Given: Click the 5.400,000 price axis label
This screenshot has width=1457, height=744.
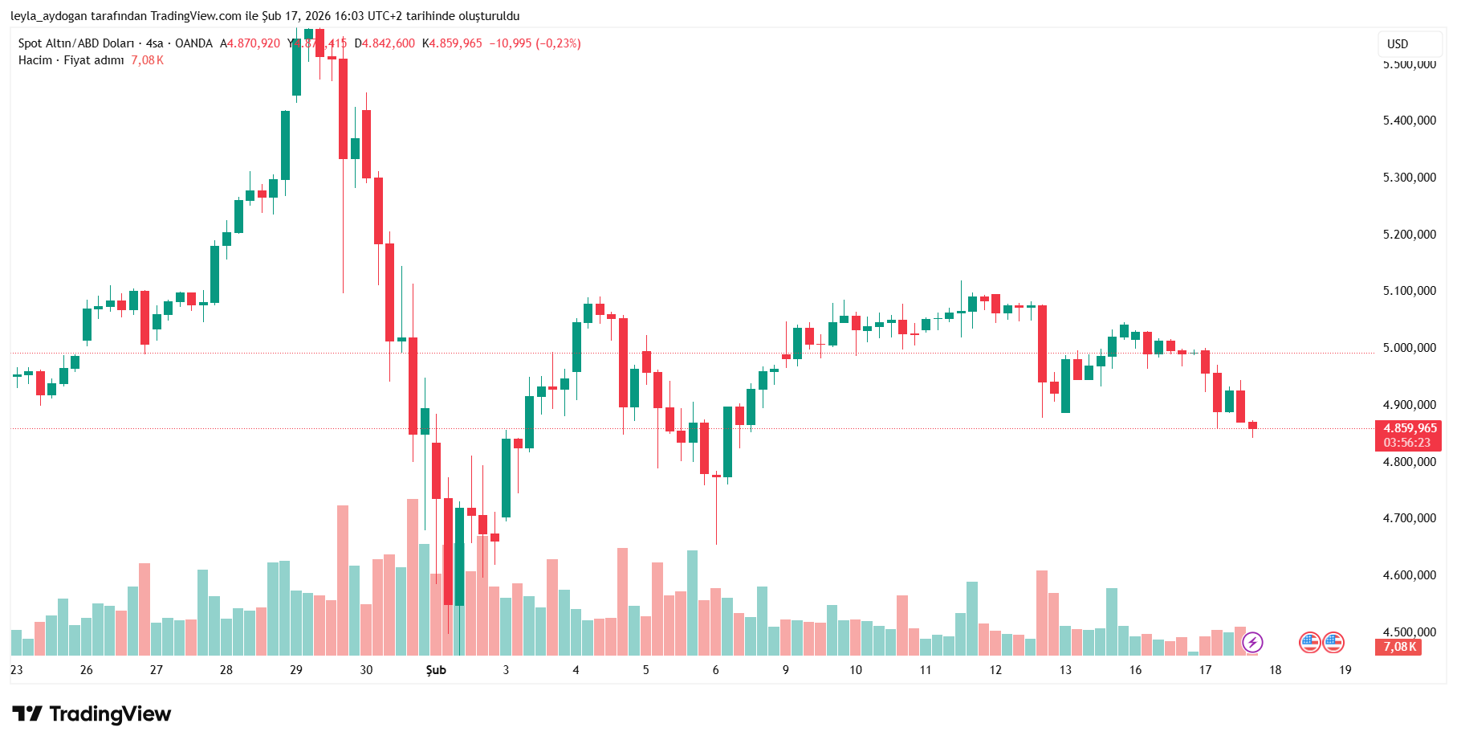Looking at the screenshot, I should pyautogui.click(x=1409, y=121).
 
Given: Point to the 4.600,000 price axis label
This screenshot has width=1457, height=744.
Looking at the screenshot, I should pyautogui.click(x=1409, y=575).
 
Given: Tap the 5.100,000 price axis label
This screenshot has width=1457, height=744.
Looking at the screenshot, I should pyautogui.click(x=1409, y=291).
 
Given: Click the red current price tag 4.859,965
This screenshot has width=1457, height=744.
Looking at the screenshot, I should pyautogui.click(x=1409, y=428).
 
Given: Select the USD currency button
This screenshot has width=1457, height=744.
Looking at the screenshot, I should pyautogui.click(x=1398, y=44).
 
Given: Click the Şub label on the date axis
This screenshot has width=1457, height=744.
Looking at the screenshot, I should pyautogui.click(x=436, y=670).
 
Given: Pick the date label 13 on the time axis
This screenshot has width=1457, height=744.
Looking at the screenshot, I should pyautogui.click(x=1065, y=670).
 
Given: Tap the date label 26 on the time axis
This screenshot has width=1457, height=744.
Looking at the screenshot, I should pyautogui.click(x=86, y=670).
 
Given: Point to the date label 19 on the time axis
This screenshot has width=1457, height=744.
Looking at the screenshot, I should pyautogui.click(x=1345, y=670).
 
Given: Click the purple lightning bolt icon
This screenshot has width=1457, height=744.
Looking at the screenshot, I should pyautogui.click(x=1252, y=643).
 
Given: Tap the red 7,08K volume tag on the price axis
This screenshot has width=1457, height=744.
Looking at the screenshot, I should pyautogui.click(x=1399, y=647).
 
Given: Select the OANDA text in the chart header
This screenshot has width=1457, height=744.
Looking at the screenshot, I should pyautogui.click(x=193, y=43).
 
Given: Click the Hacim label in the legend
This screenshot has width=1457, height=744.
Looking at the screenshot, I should pyautogui.click(x=35, y=60).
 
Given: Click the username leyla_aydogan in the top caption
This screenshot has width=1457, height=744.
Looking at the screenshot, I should pyautogui.click(x=49, y=16).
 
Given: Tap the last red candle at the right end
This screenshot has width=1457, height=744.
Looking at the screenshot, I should pyautogui.click(x=1252, y=426).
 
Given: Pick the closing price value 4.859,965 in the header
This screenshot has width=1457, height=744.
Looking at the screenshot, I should pyautogui.click(x=455, y=43).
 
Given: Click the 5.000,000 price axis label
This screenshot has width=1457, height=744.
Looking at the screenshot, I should pyautogui.click(x=1409, y=348).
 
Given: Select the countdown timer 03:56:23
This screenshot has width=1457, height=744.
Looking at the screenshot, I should pyautogui.click(x=1406, y=443).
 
